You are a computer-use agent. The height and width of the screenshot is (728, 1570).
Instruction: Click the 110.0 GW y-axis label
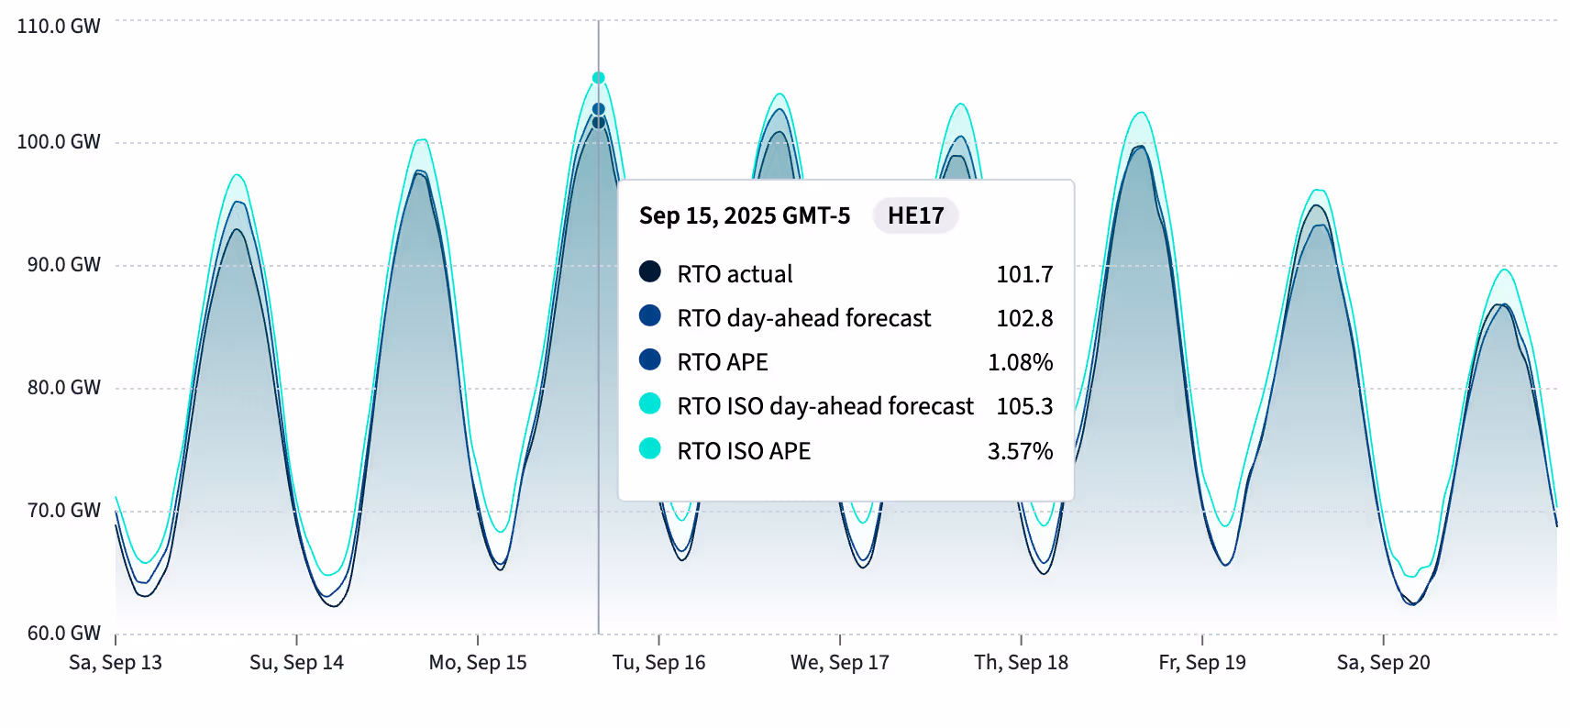click(x=59, y=26)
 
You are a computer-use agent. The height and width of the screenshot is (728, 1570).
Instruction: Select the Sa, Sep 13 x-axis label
click(x=116, y=663)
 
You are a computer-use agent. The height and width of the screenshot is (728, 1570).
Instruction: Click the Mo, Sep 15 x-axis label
click(x=478, y=663)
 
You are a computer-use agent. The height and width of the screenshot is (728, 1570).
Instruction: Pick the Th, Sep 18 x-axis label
click(x=1021, y=663)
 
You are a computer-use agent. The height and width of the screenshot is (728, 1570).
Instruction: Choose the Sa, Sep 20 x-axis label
click(x=1383, y=663)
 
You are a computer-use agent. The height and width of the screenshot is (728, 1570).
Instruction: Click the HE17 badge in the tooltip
click(x=915, y=215)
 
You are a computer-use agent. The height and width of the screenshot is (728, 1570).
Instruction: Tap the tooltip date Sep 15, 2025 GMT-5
click(x=745, y=215)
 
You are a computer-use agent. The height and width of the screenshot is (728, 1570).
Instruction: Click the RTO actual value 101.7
click(x=1024, y=274)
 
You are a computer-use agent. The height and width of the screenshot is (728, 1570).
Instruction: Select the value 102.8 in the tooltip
click(x=1024, y=318)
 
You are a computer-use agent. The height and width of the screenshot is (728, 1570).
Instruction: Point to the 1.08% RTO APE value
click(x=1020, y=362)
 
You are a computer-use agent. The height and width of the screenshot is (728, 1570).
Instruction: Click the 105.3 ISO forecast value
click(x=1024, y=406)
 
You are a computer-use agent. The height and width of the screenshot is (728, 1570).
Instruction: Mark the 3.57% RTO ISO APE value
click(x=1020, y=451)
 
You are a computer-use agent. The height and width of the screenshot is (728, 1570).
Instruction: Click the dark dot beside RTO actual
click(x=650, y=271)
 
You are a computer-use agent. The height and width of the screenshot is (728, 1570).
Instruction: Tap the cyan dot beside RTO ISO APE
click(x=650, y=448)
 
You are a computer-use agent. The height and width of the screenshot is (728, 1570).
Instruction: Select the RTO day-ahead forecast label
click(x=803, y=318)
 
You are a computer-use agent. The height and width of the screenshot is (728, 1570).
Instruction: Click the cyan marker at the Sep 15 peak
click(x=598, y=78)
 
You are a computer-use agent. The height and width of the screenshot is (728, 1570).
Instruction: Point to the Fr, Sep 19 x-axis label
click(x=1202, y=663)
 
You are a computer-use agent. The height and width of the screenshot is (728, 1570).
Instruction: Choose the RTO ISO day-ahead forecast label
click(x=825, y=406)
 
